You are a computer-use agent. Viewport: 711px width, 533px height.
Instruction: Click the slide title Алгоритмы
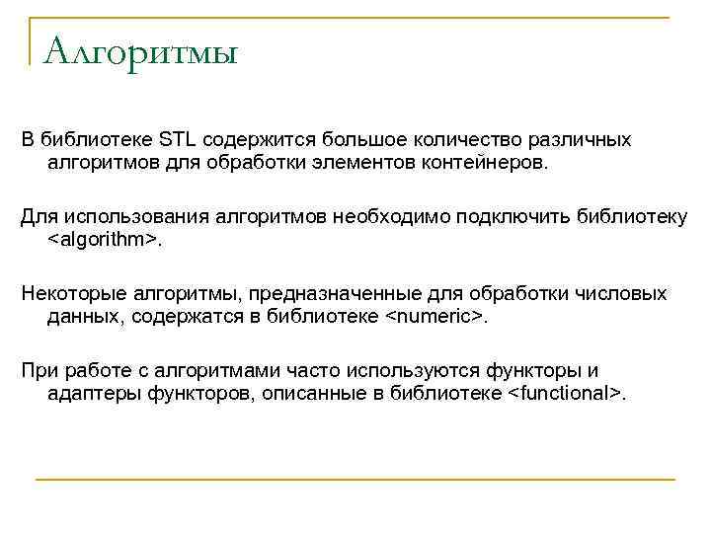click(x=141, y=50)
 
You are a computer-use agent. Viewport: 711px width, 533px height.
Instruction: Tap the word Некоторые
click(x=70, y=294)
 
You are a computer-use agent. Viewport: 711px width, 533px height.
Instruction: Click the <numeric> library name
click(x=434, y=316)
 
